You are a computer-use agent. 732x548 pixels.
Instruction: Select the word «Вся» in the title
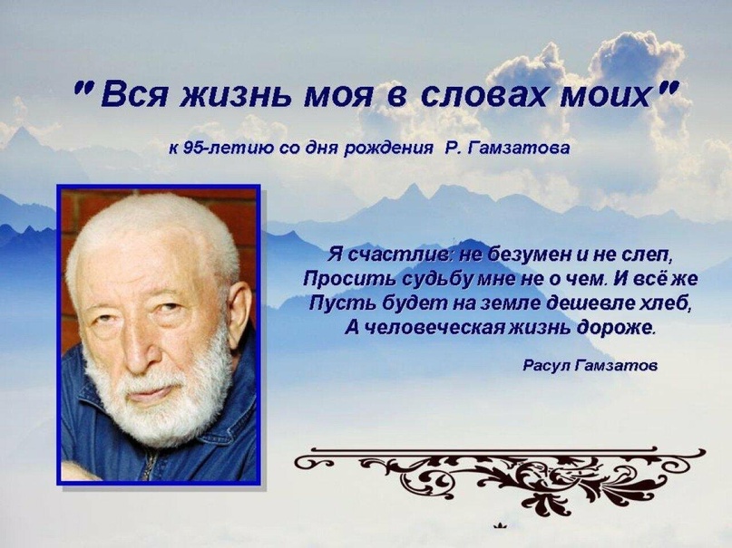134,95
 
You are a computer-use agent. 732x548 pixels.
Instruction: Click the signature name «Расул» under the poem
547,365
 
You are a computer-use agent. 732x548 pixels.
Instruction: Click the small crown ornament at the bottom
500,526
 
